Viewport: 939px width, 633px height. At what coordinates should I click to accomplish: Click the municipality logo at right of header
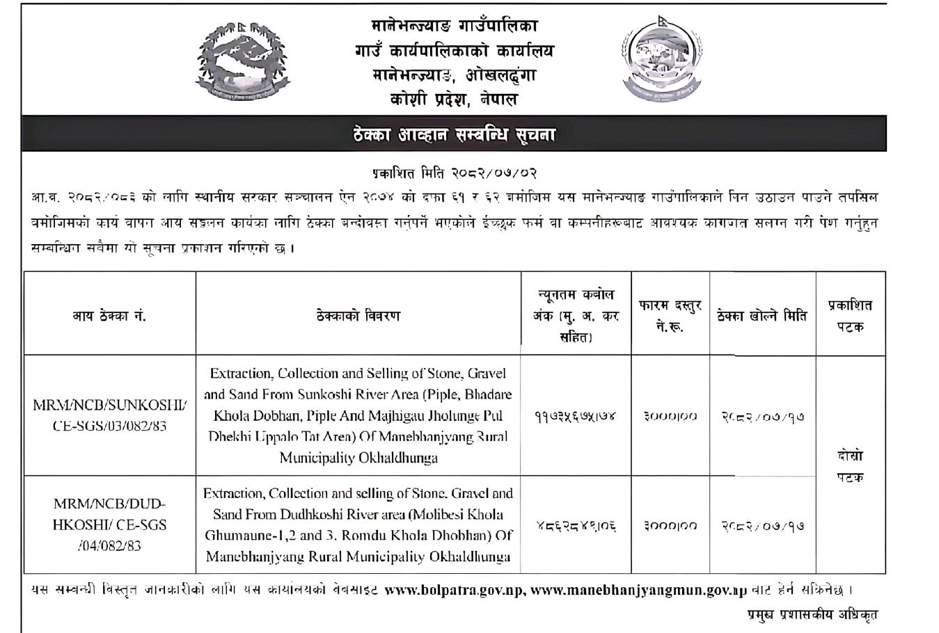[x=656, y=60]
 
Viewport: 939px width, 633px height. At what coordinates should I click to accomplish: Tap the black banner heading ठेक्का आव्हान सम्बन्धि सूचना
[x=454, y=134]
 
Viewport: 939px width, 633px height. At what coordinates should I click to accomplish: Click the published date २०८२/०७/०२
[x=454, y=173]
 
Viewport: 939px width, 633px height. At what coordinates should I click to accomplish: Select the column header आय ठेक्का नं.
[x=109, y=316]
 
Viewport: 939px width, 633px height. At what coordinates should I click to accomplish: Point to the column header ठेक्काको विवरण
[x=358, y=316]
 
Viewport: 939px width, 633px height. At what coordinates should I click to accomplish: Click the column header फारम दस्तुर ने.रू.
[x=670, y=316]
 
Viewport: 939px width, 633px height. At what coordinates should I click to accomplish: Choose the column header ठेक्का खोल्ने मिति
[x=762, y=316]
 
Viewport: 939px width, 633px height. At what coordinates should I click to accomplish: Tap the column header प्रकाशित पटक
[x=850, y=316]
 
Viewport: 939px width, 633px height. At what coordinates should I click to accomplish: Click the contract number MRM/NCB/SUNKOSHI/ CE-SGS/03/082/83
[x=109, y=415]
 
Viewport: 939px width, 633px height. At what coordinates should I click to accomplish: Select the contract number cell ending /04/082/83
[x=109, y=524]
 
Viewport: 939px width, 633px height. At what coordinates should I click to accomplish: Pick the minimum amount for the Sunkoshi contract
[x=576, y=416]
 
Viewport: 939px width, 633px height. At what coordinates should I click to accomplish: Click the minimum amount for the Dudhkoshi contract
[x=576, y=526]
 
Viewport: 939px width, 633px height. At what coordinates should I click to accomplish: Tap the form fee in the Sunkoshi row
[x=670, y=416]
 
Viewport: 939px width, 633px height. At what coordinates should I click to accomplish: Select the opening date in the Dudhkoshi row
[x=762, y=526]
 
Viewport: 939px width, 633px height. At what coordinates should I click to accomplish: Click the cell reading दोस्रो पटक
[x=850, y=467]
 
